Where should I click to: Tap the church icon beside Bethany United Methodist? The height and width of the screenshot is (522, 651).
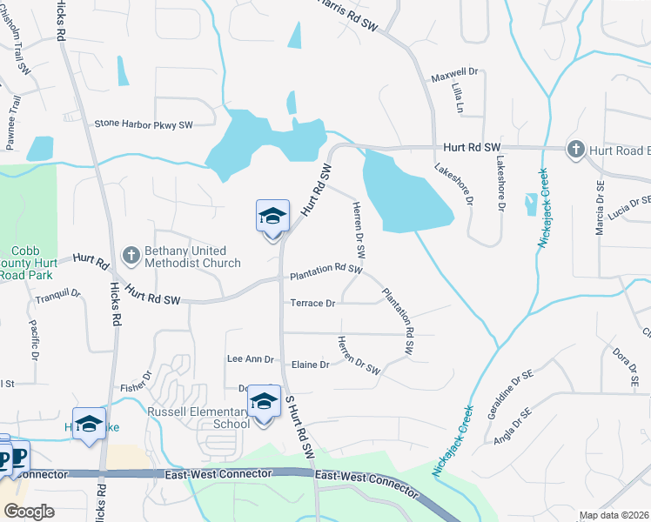131,256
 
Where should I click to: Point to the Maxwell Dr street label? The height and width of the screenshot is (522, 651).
455,76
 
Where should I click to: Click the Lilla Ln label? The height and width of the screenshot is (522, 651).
457,100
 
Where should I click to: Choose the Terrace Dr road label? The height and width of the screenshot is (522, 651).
312,304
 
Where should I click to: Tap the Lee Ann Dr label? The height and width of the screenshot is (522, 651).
250,358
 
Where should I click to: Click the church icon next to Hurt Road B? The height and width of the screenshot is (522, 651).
574,151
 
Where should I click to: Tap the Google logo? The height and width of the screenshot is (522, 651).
29,512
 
